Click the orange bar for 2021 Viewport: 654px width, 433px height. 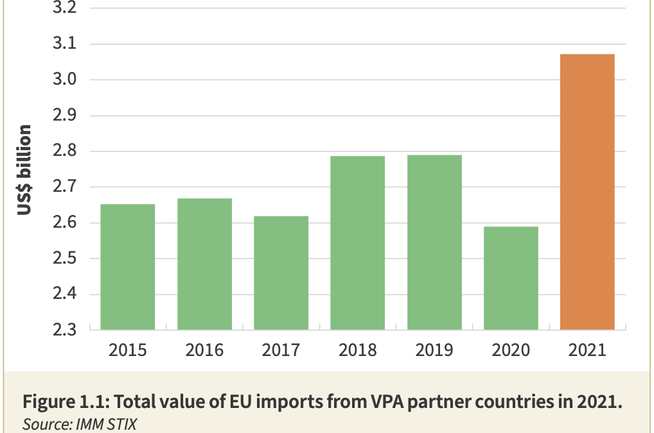tap(587, 192)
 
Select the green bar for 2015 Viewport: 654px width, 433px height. tap(128, 267)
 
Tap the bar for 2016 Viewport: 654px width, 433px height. tap(204, 264)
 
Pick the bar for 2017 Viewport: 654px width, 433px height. tap(281, 273)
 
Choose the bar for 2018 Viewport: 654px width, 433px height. tap(357, 242)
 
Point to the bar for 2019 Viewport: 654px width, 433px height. tap(434, 242)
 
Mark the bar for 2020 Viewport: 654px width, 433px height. tap(511, 278)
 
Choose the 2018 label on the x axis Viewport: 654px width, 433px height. tap(357, 350)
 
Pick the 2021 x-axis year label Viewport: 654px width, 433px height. tap(587, 350)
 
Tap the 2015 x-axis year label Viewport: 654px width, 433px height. tap(128, 350)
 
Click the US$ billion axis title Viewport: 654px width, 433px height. tap(24, 169)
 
